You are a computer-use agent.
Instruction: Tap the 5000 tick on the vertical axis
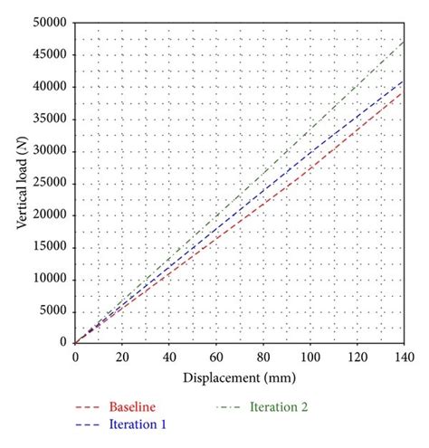(x=55, y=310)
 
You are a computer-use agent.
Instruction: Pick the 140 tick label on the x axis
(x=404, y=357)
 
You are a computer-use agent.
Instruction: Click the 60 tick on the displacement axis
(x=215, y=357)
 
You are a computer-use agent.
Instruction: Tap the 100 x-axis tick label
(x=310, y=357)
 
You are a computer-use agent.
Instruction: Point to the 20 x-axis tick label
(x=121, y=357)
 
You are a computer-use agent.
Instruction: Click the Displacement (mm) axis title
(x=239, y=377)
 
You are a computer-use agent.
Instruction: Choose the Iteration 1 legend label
(x=137, y=424)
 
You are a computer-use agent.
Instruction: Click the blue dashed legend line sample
(x=88, y=424)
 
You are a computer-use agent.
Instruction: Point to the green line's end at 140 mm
(x=404, y=40)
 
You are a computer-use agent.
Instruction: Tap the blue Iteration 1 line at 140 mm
(x=404, y=80)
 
